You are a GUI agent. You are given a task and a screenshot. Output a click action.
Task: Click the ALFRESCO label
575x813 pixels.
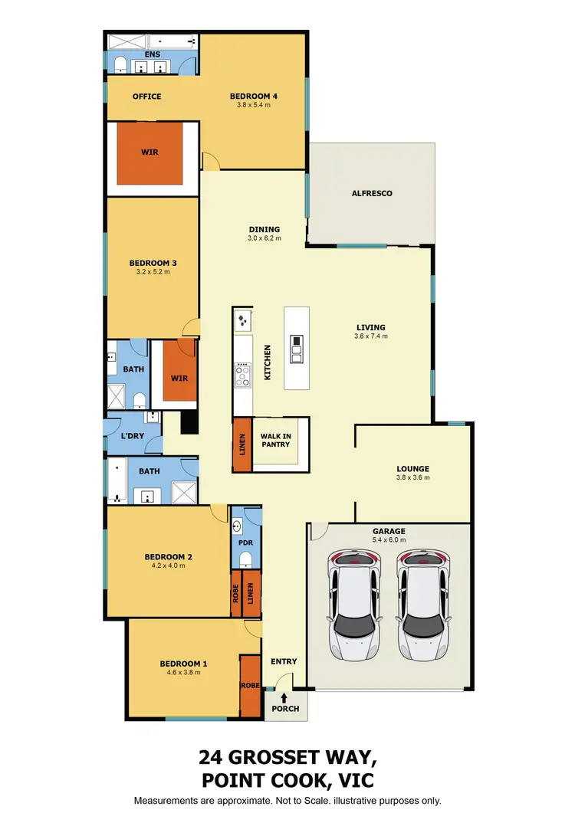click(x=371, y=194)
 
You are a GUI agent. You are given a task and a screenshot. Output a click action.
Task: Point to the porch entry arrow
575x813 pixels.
click(x=284, y=697)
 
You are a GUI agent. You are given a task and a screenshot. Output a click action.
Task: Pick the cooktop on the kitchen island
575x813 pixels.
click(x=296, y=348)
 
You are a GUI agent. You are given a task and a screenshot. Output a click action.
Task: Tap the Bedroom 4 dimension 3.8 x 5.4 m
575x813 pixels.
click(x=253, y=106)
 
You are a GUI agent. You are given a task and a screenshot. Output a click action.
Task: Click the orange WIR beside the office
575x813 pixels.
click(x=150, y=152)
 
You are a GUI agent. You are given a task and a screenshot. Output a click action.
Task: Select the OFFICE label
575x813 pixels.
click(x=146, y=97)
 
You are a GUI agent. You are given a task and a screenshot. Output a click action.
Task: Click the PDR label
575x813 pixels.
click(x=246, y=543)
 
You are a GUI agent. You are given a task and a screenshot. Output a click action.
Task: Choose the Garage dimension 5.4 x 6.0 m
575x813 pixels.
click(x=389, y=540)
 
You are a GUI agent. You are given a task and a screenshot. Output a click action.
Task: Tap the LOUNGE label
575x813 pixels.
click(x=412, y=469)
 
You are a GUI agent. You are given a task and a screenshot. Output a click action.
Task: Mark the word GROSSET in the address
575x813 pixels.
click(x=297, y=759)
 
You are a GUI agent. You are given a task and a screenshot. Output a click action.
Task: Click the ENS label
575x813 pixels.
click(x=152, y=55)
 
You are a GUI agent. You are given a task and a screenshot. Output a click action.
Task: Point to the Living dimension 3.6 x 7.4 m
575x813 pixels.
click(x=371, y=336)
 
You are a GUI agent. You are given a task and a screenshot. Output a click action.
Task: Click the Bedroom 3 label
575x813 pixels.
click(x=148, y=263)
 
